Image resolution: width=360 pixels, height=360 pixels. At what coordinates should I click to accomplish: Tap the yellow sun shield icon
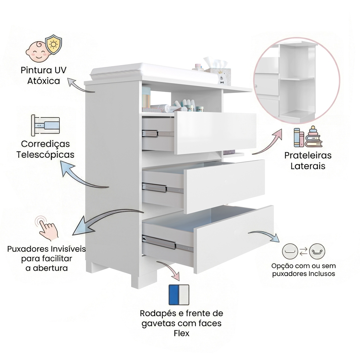pyautogui.click(x=53, y=44)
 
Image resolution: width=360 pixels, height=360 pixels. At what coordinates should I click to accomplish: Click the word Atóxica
pyautogui.click(x=44, y=81)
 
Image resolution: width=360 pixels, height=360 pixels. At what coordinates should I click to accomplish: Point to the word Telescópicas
pyautogui.click(x=45, y=155)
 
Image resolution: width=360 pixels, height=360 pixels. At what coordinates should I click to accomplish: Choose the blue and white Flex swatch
pyautogui.click(x=179, y=295)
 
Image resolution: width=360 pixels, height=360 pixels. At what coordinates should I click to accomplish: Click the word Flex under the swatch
pyautogui.click(x=181, y=333)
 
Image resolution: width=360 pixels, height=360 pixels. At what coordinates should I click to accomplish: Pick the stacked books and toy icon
pyautogui.click(x=308, y=137)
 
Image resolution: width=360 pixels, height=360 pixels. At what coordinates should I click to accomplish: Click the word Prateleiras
pyautogui.click(x=308, y=155)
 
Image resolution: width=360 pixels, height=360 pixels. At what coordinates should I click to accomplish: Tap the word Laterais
pyautogui.click(x=308, y=166)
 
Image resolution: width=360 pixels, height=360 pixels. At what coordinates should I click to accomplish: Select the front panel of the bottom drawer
pyautogui.click(x=234, y=239)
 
